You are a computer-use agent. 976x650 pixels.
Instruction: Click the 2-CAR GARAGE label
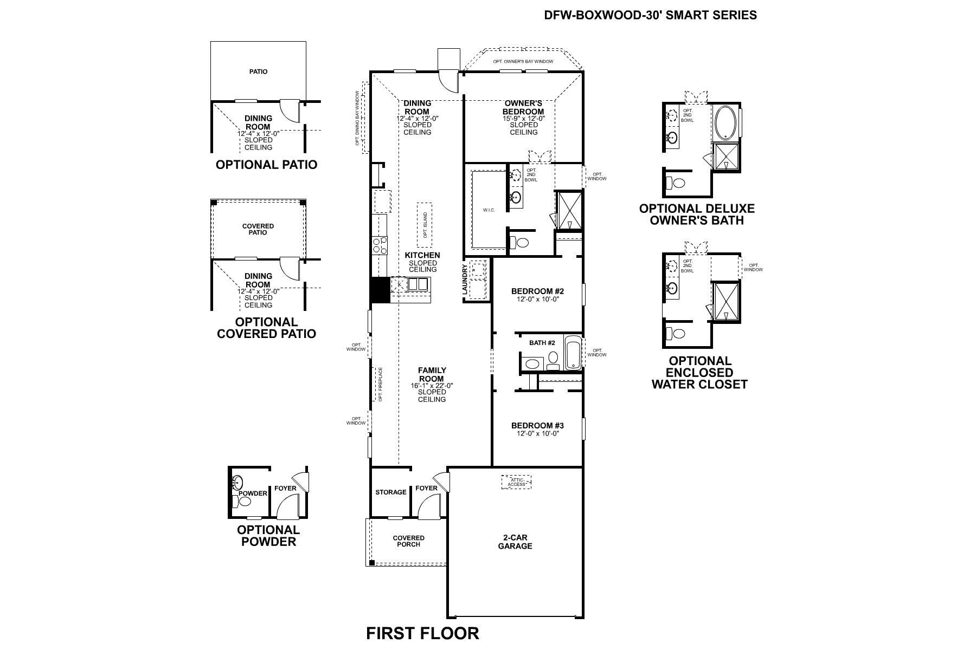click(x=515, y=542)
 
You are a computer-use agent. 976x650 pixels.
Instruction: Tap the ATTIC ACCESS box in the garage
click(x=516, y=482)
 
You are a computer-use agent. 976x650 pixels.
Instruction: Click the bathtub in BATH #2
click(x=573, y=353)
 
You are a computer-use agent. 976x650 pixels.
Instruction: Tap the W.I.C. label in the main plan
click(x=489, y=210)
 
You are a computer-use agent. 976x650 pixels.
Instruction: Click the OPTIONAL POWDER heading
click(x=268, y=536)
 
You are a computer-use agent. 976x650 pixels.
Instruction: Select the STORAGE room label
click(x=391, y=492)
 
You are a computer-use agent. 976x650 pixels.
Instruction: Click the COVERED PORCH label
click(x=408, y=541)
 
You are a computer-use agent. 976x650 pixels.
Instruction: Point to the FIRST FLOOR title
click(x=422, y=633)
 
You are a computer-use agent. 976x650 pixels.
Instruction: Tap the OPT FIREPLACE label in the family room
click(x=381, y=385)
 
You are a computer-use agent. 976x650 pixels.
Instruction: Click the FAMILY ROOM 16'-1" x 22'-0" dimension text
click(x=432, y=386)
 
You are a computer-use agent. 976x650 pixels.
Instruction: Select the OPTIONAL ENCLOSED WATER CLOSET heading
click(x=699, y=373)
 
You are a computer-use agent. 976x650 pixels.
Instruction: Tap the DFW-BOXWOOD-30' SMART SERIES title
click(x=650, y=15)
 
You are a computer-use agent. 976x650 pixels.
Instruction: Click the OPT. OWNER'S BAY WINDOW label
click(x=523, y=61)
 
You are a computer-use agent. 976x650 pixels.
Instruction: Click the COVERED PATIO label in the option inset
click(x=258, y=229)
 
